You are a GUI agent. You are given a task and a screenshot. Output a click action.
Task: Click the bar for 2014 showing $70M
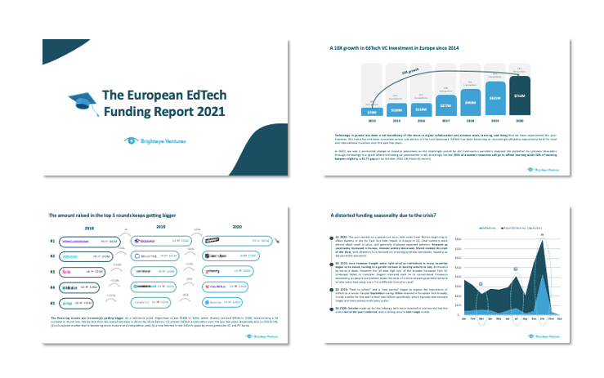point(350,112)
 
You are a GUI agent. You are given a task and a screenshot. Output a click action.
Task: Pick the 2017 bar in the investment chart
point(422,107)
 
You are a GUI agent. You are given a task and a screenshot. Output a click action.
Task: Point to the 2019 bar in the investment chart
point(494,99)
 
